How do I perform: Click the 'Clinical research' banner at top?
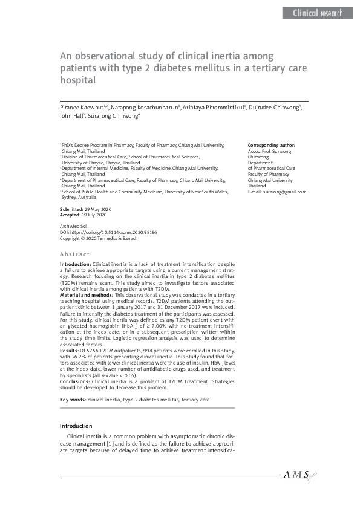pos(318,13)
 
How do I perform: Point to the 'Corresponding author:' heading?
pos(272,146)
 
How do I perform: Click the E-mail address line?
pos(277,192)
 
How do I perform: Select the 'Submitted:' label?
pos(73,209)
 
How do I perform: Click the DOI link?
pos(108,232)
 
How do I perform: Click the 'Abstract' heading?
pos(74,254)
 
